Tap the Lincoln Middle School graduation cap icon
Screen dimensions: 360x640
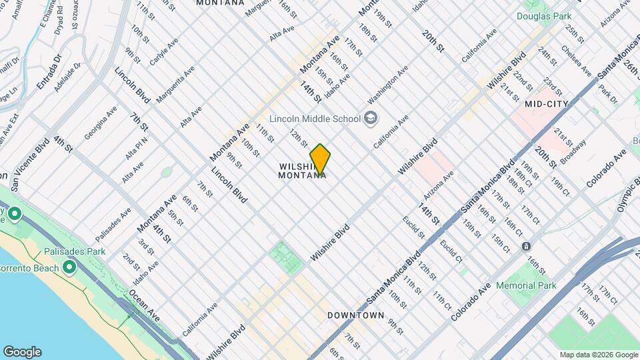[371, 119]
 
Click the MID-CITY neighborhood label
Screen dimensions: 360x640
[546, 104]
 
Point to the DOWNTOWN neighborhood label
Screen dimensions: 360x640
[355, 315]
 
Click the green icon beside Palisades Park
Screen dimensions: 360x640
[69, 268]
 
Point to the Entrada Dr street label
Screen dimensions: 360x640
[49, 73]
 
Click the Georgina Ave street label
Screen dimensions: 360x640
[101, 122]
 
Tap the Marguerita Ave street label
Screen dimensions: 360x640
[175, 84]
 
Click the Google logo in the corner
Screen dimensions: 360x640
[22, 352]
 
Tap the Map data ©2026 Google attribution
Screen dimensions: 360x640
[598, 355]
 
